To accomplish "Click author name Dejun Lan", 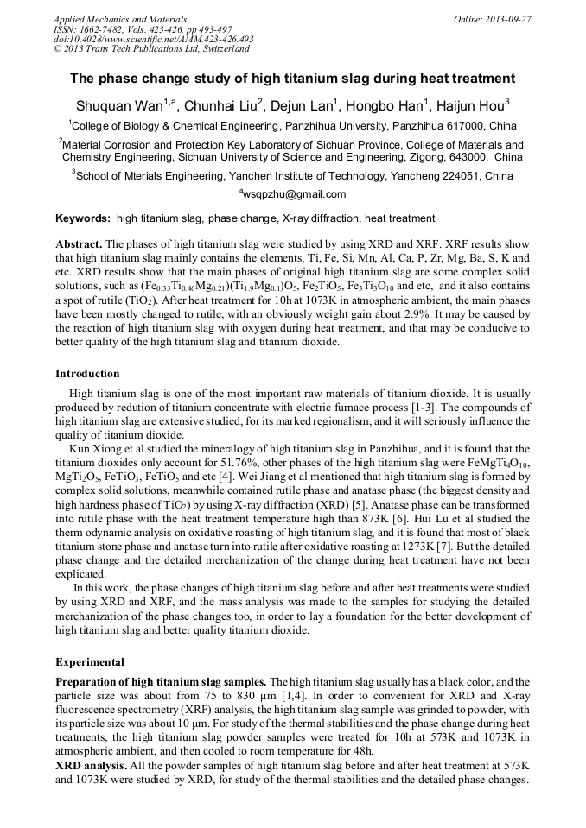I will [x=305, y=106].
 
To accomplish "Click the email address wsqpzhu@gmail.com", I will [x=294, y=194].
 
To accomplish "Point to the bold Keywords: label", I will [x=83, y=219].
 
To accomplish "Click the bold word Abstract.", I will [x=79, y=244].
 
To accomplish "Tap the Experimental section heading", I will [x=90, y=662].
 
